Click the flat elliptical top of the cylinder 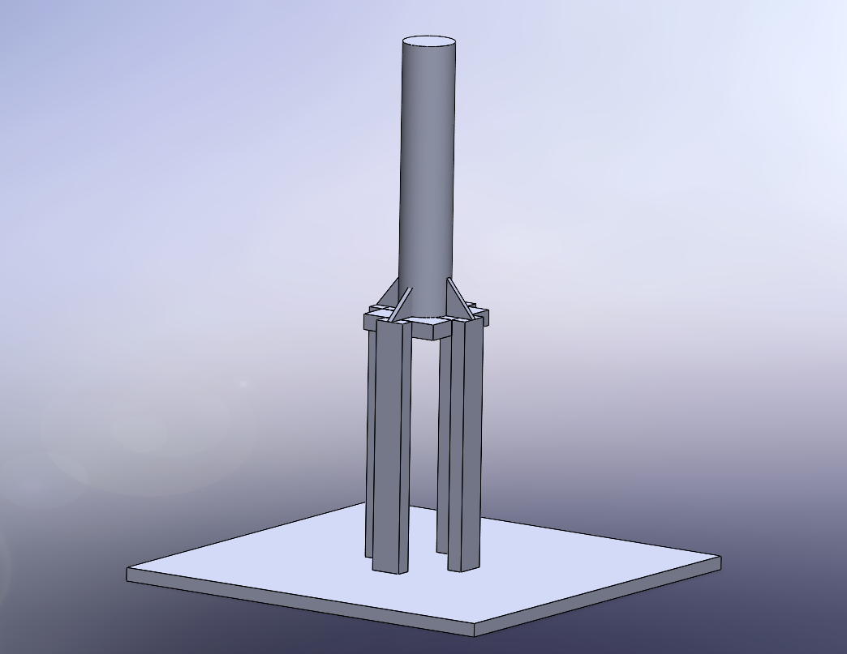[428, 42]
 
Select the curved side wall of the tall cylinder [427, 162]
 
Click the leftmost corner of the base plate [128, 575]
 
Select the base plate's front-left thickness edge [300, 605]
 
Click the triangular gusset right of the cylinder [458, 301]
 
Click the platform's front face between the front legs [429, 330]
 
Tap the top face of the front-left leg [391, 322]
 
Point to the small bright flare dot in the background [243, 384]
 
